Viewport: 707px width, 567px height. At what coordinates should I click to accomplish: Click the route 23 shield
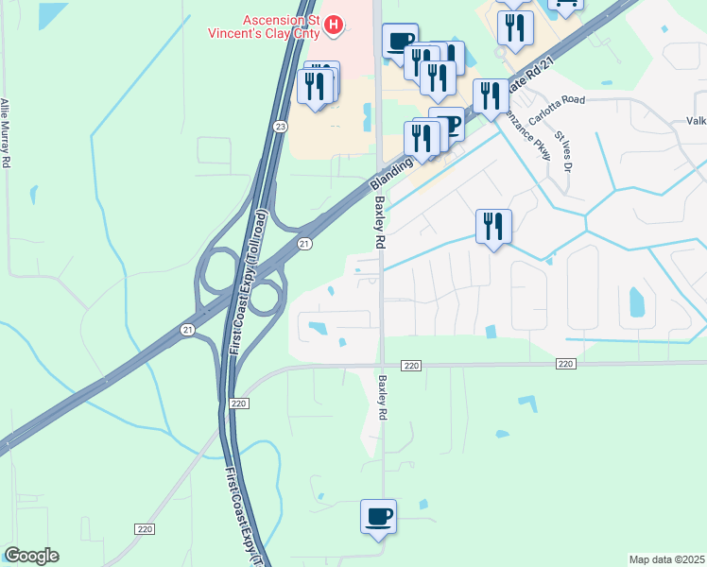[280, 126]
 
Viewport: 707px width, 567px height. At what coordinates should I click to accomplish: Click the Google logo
[31, 556]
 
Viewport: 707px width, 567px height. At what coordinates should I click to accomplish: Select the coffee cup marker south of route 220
[378, 517]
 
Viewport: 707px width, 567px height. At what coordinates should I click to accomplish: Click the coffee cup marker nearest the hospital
[399, 41]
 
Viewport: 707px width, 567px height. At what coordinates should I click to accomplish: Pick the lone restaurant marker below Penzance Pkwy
[492, 227]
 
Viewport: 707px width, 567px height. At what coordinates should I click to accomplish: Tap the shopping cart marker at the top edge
[564, 5]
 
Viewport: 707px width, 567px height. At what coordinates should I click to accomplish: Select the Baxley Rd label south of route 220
[384, 397]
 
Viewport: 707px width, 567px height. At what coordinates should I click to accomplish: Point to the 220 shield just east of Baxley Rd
[409, 365]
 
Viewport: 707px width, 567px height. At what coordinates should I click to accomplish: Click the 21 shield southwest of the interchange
[187, 329]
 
